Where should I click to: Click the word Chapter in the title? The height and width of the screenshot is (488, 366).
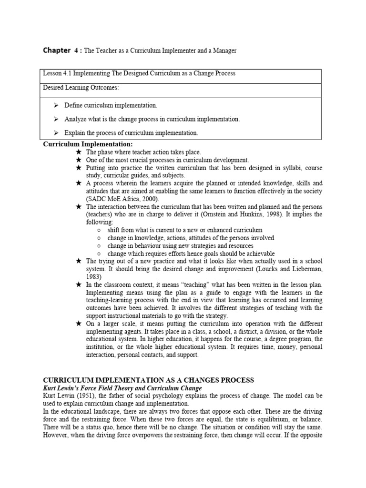[57, 50]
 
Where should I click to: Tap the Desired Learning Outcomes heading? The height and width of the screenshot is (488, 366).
[81, 88]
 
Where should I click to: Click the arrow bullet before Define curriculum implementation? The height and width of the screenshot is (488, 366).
[56, 105]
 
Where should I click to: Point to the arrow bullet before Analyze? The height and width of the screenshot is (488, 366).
[56, 119]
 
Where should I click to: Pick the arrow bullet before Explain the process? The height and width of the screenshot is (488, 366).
[56, 132]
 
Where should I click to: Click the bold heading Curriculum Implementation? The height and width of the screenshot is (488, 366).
[88, 144]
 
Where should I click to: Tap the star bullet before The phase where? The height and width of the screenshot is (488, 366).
[79, 152]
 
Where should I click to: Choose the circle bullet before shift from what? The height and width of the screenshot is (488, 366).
[99, 230]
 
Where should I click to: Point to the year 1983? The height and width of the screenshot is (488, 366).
[94, 276]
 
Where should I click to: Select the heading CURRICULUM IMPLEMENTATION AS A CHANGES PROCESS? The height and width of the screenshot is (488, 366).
[149, 380]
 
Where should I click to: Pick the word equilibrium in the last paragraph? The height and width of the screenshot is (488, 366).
[255, 419]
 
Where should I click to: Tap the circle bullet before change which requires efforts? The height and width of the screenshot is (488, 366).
[99, 254]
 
